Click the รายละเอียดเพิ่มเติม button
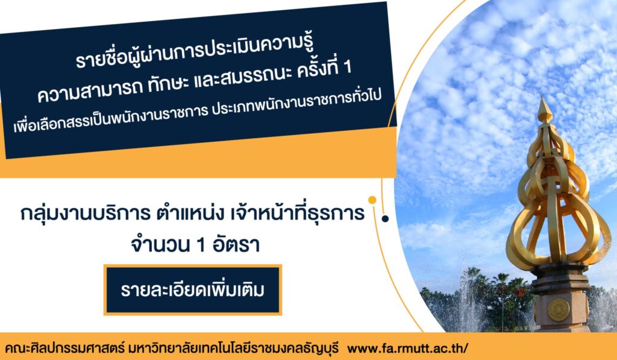193,290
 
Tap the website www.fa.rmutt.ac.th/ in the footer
408,349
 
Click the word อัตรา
236,245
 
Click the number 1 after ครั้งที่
346,68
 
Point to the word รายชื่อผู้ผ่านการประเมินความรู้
196,53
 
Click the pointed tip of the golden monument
544,97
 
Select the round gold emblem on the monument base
559,309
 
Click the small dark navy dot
385,219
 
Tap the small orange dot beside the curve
372,200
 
